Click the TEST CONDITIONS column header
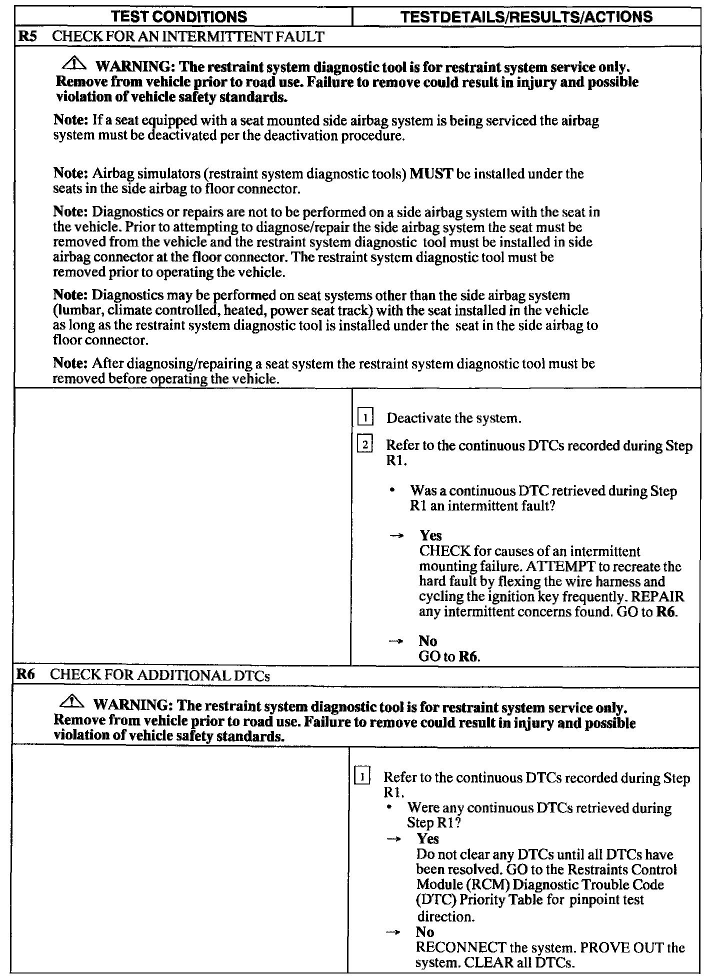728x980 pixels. coord(179,16)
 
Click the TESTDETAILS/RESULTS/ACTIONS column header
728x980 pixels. coord(526,16)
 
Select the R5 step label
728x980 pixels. coord(25,36)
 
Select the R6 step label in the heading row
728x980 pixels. coord(25,674)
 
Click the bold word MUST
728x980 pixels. coord(431,173)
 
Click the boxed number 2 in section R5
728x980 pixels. coord(365,444)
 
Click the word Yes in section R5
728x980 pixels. coord(430,535)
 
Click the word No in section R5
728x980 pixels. coord(427,641)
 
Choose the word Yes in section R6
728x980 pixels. coord(427,838)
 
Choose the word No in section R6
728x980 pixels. coord(424,932)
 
